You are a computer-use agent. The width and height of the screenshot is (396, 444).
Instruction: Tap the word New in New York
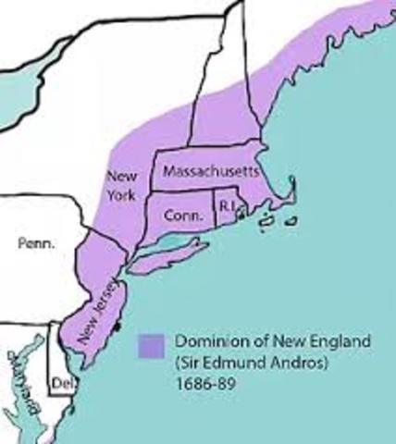tap(121, 176)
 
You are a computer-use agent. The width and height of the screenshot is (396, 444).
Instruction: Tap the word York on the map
tap(121, 194)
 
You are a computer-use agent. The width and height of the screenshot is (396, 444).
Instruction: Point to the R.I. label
tap(225, 204)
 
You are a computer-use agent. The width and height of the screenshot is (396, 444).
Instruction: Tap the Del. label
tap(60, 380)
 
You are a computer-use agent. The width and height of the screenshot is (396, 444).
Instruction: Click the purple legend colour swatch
tap(151, 346)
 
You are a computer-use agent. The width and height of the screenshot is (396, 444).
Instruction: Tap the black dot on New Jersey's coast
tap(115, 327)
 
